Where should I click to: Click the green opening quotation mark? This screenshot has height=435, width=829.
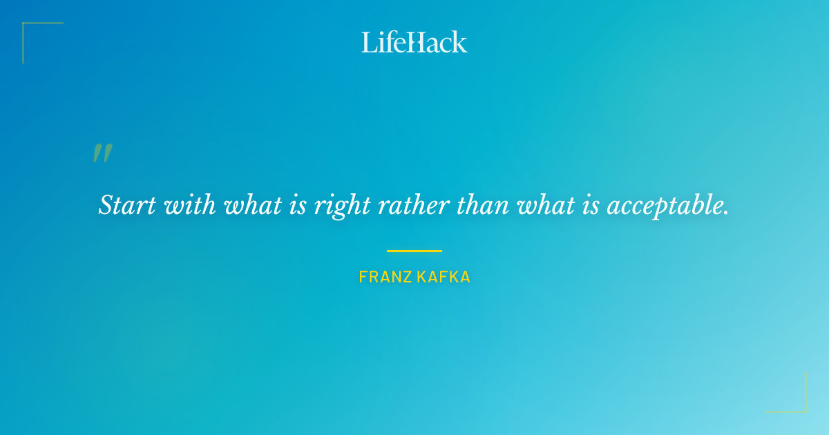(x=102, y=153)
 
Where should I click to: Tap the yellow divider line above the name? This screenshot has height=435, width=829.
(x=414, y=251)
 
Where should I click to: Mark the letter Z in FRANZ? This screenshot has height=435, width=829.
(x=407, y=278)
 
